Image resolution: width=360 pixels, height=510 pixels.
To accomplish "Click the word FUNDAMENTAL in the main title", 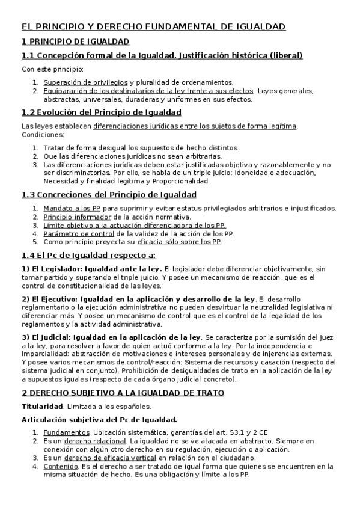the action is [x=177, y=27].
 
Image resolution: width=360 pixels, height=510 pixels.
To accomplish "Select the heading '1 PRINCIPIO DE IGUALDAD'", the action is [x=75, y=41].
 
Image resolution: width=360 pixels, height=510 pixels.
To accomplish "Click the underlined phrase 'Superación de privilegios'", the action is [x=85, y=82].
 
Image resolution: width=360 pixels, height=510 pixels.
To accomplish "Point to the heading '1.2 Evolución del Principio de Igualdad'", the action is [x=102, y=112].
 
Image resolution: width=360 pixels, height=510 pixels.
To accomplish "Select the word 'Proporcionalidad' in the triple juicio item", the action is [x=181, y=180].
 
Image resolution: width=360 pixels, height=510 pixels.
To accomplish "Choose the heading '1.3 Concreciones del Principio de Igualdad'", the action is [x=109, y=194].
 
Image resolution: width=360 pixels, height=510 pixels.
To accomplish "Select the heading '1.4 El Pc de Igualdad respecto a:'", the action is [x=88, y=256].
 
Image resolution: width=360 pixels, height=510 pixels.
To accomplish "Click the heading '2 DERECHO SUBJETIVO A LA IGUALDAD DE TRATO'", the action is [x=123, y=393].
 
